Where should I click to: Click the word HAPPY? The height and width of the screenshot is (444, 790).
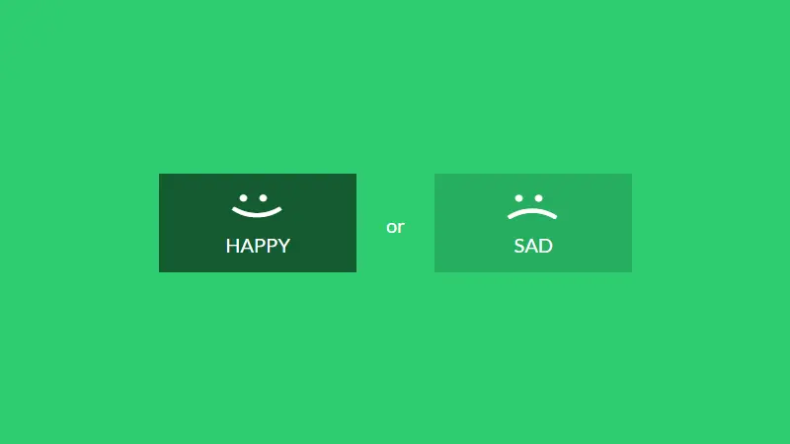(258, 246)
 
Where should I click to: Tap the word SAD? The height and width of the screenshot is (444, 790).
(533, 246)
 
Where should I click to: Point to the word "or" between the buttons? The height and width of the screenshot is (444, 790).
(395, 227)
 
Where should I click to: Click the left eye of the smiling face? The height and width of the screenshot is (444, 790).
(243, 197)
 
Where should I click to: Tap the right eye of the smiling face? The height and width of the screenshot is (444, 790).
(264, 197)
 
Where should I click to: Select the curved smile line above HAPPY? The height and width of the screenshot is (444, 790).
(257, 212)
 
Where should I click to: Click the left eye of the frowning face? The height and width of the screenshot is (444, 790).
(518, 197)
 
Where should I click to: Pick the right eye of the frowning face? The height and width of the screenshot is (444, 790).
(540, 197)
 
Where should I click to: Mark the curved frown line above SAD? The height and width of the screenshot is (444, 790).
(532, 211)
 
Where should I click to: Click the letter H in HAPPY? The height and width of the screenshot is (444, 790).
(233, 246)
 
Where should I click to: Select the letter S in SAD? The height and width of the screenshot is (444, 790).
(519, 246)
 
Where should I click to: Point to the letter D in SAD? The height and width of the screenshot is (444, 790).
(546, 246)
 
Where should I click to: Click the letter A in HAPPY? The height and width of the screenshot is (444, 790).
(246, 246)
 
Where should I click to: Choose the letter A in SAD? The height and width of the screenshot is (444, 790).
(532, 246)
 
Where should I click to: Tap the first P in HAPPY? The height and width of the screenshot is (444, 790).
(259, 246)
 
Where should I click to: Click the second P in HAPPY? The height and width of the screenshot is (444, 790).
(271, 246)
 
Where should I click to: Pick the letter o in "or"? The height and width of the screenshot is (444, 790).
(391, 228)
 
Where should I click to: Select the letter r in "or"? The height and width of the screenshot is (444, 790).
(401, 228)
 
